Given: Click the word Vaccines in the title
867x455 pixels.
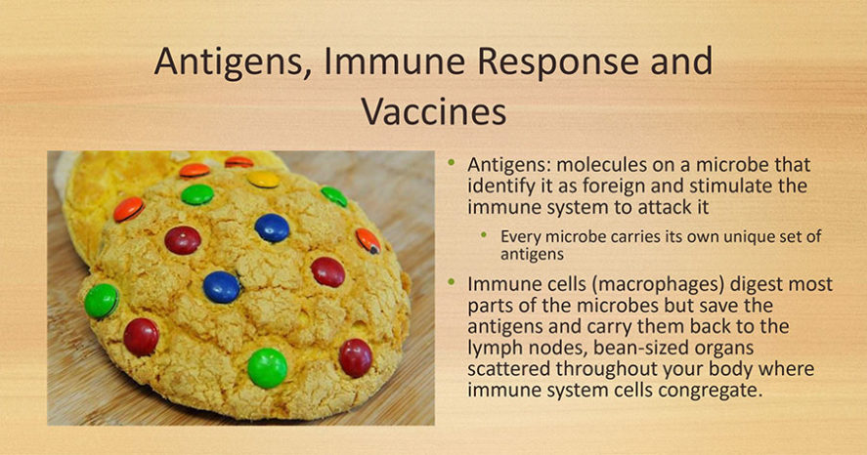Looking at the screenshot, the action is point(434,112).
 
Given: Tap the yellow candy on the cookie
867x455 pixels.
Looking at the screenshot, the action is point(263,179).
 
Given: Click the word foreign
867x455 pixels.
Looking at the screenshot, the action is point(615,186).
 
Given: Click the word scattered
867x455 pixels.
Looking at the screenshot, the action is point(508,369).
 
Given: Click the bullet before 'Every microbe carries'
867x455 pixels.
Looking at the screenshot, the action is point(484,234).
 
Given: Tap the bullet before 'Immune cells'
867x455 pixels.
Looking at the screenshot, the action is point(452,282).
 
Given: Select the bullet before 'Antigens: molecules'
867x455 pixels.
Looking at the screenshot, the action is point(452,162).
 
